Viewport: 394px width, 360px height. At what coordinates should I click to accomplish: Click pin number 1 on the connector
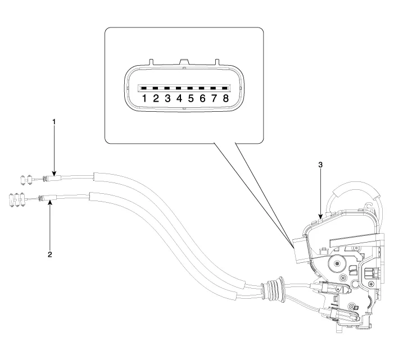pos(144,89)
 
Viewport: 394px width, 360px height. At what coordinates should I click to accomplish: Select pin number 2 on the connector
pos(156,89)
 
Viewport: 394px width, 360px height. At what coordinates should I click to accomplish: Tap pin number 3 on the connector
pos(167,89)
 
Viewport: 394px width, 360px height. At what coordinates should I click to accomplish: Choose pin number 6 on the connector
pos(202,89)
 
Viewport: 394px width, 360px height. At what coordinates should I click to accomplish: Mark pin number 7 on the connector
pos(214,89)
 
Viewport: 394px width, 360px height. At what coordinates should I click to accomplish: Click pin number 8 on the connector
pos(225,89)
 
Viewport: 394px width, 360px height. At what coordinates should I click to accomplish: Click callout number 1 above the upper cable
pos(54,121)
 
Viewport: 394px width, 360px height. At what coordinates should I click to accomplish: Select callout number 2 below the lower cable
pos(50,254)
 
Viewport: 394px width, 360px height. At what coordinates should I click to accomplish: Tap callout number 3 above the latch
pos(320,165)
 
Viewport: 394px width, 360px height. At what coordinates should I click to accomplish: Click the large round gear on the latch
pos(339,263)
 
